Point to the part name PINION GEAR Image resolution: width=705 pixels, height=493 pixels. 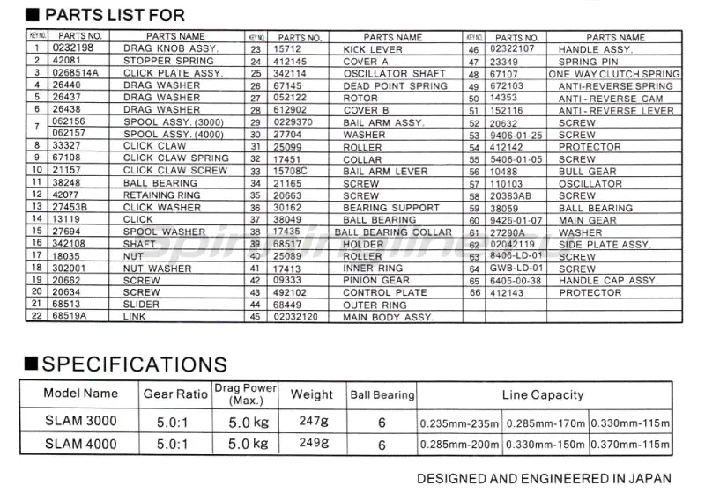tap(376, 280)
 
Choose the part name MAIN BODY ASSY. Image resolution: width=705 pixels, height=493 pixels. tap(389, 317)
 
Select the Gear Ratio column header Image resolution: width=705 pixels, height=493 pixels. tap(175, 394)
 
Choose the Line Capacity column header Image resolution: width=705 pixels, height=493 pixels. tap(543, 394)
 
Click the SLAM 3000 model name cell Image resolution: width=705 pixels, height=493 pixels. tap(80, 422)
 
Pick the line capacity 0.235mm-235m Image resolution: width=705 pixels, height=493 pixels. tap(459, 423)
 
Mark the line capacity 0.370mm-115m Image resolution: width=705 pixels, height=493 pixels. tap(631, 445)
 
